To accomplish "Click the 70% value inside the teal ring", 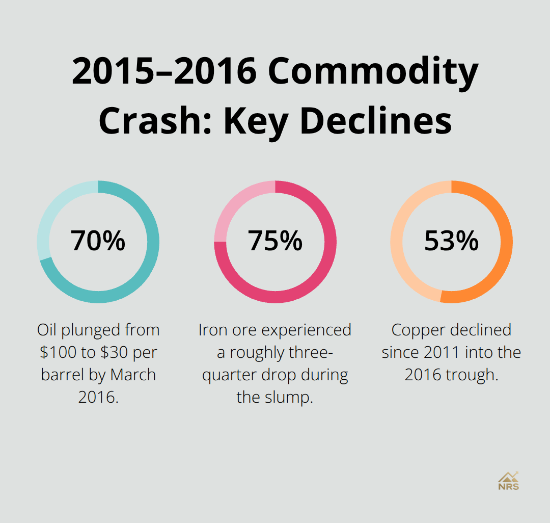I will coord(98,241).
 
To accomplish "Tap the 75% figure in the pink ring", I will coord(275,241).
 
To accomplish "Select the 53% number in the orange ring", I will coord(451,241).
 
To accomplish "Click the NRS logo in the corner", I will coord(508,480).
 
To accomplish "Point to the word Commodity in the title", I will coord(373,72).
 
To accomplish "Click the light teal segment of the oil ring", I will coord(51,214).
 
